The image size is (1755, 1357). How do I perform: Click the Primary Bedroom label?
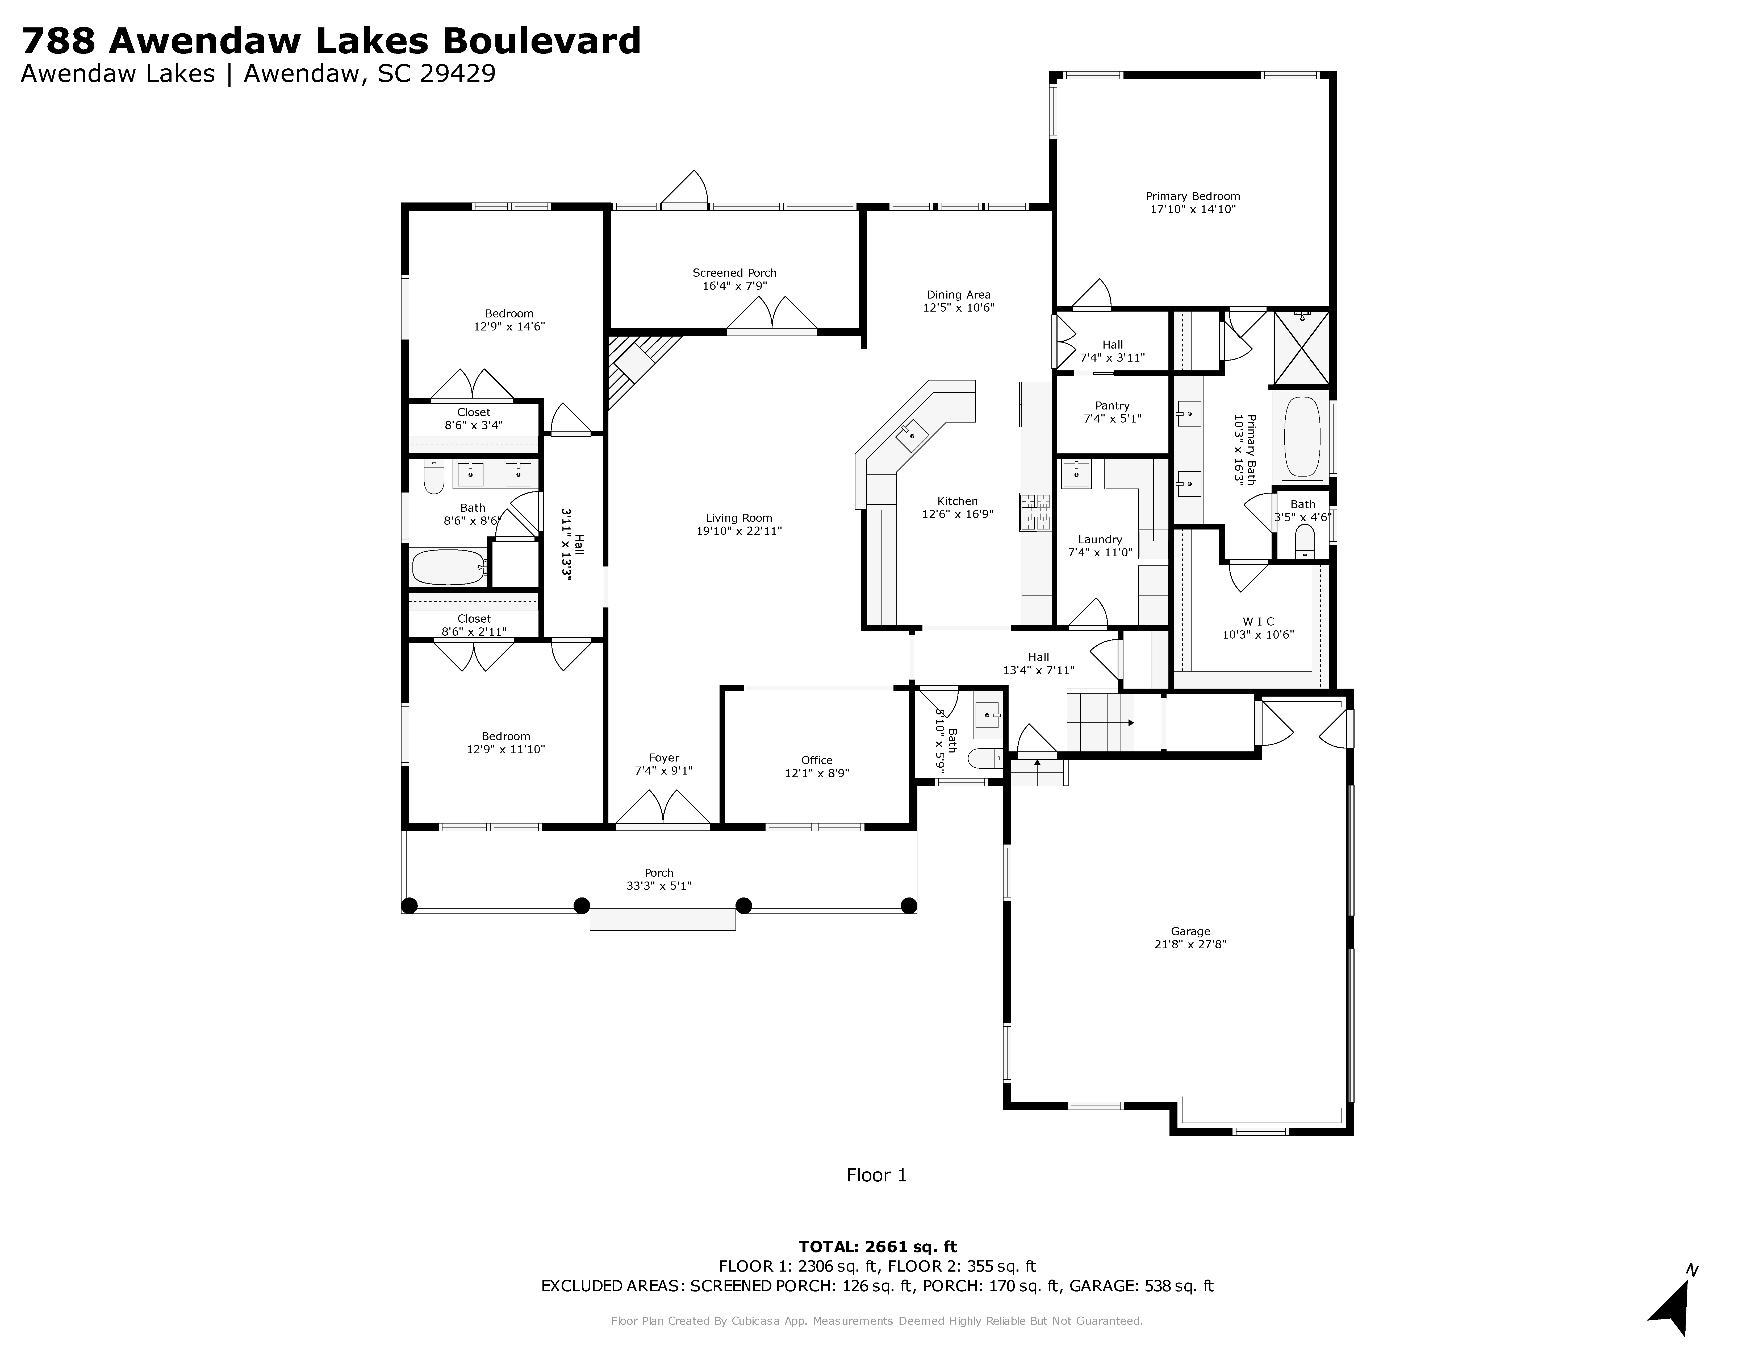point(1193,196)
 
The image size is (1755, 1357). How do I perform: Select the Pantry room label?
point(1112,406)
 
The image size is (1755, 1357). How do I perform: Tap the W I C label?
point(1258,621)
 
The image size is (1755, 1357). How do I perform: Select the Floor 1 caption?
point(877,1175)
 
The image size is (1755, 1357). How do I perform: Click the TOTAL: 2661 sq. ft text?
point(878,1247)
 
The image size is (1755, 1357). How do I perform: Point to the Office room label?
point(816,760)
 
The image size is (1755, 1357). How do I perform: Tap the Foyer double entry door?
point(663,808)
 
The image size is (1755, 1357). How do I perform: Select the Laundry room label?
point(1100,539)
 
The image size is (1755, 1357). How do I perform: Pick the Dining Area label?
point(959,294)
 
